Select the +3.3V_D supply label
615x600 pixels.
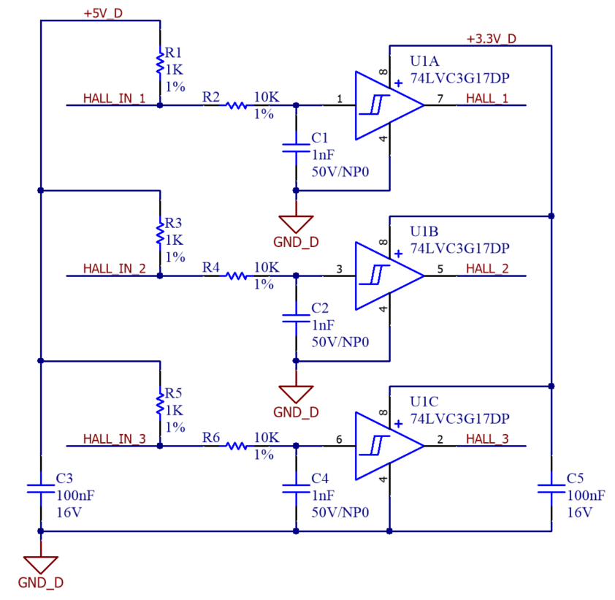(491, 39)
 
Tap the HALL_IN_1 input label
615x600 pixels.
(115, 98)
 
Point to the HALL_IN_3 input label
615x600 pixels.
(115, 439)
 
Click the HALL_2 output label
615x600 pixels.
(487, 268)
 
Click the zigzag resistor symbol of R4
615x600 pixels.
(235, 276)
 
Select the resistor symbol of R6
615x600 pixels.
(235, 446)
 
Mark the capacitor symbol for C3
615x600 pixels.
(41, 487)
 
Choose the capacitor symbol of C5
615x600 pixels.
(551, 487)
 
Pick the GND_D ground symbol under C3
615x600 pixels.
(41, 564)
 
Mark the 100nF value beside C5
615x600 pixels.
(586, 495)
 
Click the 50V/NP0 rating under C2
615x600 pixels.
(340, 342)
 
